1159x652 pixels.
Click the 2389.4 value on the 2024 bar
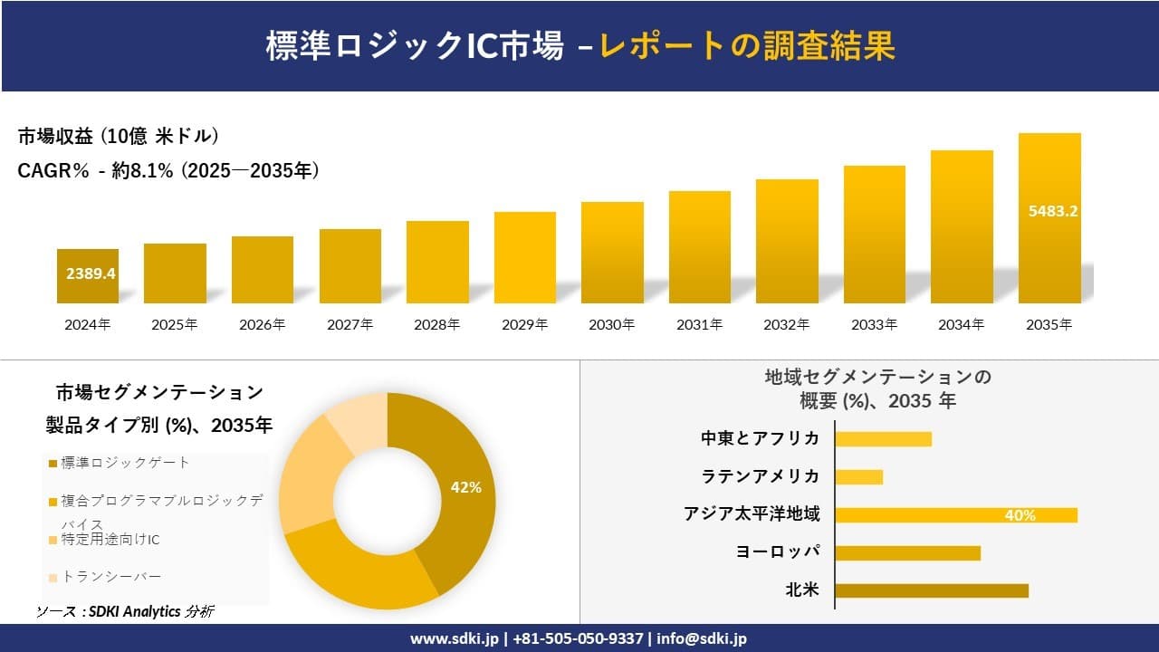[91, 273]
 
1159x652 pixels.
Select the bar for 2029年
[524, 258]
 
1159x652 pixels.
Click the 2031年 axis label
[699, 324]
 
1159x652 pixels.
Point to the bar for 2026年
[262, 270]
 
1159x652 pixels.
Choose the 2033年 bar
[874, 235]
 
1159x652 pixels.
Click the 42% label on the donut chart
[465, 487]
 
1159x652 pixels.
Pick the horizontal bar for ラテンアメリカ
[858, 477]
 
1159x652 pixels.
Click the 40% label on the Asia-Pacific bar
[1020, 515]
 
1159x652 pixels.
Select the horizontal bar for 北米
[931, 591]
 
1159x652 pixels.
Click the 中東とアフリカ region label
[760, 438]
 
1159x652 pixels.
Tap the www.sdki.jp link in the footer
[456, 638]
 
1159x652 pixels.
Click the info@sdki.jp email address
[702, 638]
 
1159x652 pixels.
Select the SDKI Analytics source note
[124, 611]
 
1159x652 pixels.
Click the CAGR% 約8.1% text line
[168, 170]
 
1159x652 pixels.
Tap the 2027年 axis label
[350, 324]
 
